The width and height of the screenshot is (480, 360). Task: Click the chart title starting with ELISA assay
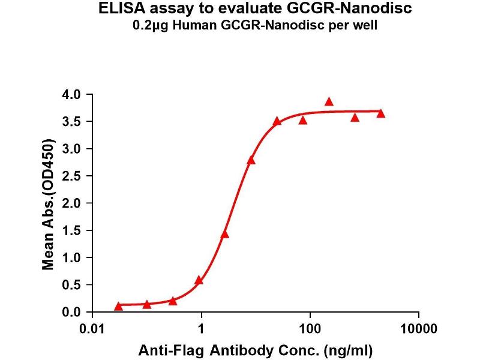click(x=240, y=11)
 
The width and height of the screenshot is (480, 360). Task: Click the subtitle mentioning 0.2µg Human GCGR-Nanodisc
click(x=240, y=27)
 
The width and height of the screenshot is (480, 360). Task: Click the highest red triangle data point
click(x=329, y=102)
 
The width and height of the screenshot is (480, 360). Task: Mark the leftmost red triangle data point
click(x=118, y=306)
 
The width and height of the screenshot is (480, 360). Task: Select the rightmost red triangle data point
click(x=380, y=113)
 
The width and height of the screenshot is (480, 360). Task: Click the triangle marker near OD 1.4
click(x=225, y=235)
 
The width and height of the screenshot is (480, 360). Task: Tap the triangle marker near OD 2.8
click(x=251, y=160)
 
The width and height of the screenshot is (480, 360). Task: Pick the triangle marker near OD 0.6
click(x=199, y=280)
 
